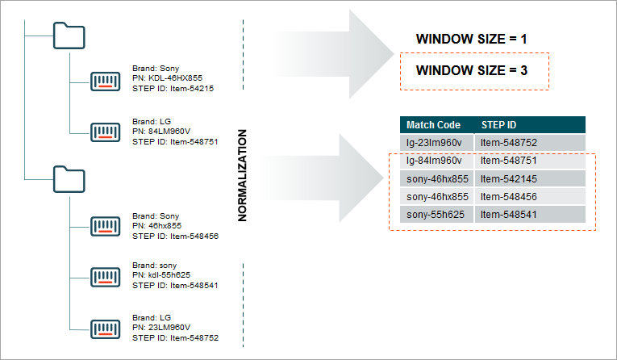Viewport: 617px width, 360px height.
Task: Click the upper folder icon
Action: click(x=69, y=36)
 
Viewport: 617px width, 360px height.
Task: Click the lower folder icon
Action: click(x=69, y=180)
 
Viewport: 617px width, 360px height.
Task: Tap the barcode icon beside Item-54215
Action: click(x=105, y=82)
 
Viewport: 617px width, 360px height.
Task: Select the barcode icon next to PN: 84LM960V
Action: click(x=105, y=132)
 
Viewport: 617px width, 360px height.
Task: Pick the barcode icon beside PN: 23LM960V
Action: click(x=105, y=329)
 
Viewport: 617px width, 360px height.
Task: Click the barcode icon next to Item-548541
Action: click(x=105, y=277)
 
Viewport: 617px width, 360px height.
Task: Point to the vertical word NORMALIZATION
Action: click(x=243, y=175)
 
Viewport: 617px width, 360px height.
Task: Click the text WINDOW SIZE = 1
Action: click(x=471, y=39)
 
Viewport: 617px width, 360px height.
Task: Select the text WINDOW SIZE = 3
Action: click(x=471, y=70)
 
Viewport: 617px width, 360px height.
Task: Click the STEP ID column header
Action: click(x=530, y=125)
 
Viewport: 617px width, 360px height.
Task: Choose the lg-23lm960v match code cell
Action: click(x=437, y=143)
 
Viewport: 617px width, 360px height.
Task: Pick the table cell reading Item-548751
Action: click(x=530, y=161)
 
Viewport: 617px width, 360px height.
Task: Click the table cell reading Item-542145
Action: click(x=530, y=179)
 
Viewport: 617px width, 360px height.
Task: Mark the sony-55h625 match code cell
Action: click(x=437, y=215)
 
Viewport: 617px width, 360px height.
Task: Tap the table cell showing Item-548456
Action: click(x=530, y=196)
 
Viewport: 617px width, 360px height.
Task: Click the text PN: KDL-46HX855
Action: click(x=167, y=78)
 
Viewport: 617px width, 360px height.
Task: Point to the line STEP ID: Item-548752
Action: click(x=175, y=338)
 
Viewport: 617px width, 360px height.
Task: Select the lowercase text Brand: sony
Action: click(x=154, y=265)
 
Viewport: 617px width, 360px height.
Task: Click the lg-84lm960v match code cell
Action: click(x=437, y=161)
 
